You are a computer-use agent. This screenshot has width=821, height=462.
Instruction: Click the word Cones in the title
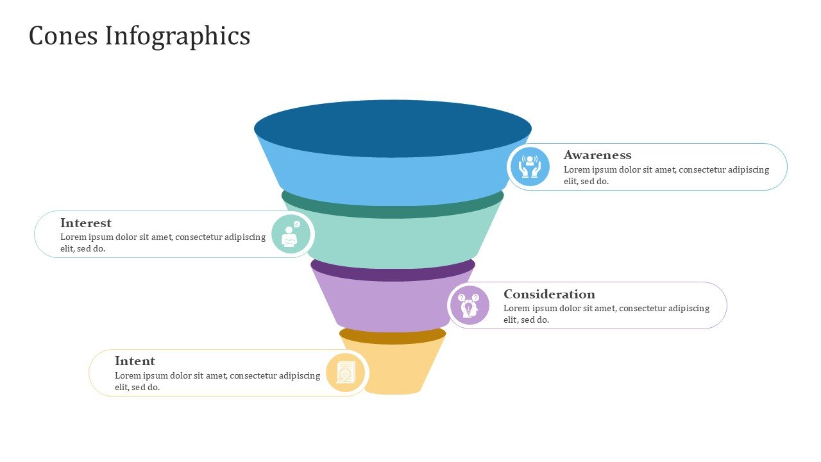(63, 36)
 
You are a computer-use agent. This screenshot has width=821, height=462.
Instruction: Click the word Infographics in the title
(177, 37)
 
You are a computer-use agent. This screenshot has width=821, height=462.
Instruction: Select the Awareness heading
(597, 155)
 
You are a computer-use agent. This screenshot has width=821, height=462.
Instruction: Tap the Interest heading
(86, 223)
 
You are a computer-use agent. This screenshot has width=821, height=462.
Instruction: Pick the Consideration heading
(549, 295)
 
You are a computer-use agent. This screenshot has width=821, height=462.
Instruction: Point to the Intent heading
(135, 361)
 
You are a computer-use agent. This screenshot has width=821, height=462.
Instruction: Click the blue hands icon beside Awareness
(529, 167)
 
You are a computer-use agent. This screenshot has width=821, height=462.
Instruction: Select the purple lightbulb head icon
(469, 305)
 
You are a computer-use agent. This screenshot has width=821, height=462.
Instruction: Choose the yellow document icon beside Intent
(346, 373)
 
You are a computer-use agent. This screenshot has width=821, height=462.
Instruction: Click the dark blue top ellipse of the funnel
(393, 128)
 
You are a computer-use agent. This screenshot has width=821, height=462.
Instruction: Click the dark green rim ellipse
(393, 210)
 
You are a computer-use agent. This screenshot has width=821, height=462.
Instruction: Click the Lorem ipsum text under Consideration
(606, 314)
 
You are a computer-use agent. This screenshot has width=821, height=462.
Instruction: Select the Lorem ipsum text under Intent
(217, 381)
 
